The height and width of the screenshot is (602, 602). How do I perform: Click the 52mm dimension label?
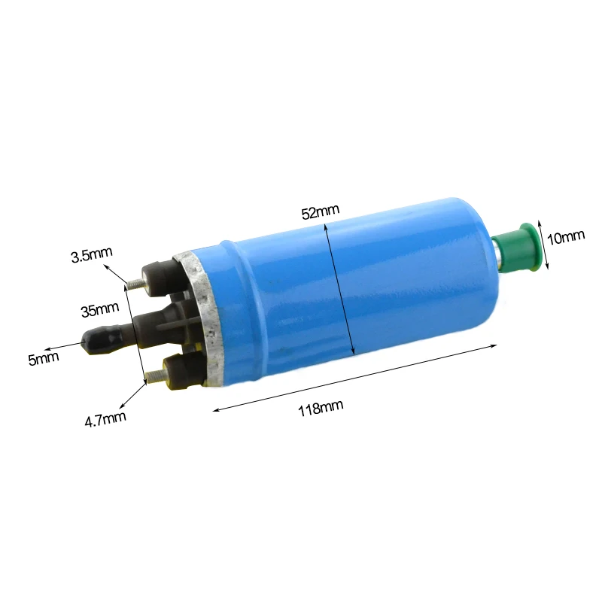coord(321,212)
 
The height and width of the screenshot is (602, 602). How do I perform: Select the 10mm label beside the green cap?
coord(566,237)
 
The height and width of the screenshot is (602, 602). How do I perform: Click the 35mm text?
coord(100,308)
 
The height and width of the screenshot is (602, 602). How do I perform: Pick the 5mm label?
coord(43,359)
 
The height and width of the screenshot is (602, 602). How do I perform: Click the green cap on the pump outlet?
coord(521,247)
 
